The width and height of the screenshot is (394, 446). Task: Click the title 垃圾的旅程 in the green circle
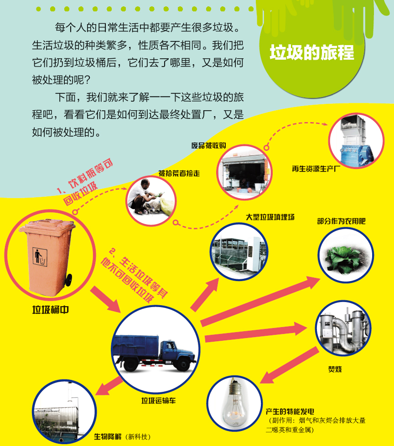[x=312, y=52]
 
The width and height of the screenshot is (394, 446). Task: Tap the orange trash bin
[x=48, y=256]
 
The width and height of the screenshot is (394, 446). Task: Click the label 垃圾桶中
[x=50, y=310]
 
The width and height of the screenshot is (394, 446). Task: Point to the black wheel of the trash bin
[x=68, y=280]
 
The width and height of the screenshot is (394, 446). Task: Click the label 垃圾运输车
[x=159, y=401]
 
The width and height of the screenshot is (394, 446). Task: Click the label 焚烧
[x=335, y=369]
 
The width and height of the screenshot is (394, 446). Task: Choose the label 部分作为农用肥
[x=341, y=221]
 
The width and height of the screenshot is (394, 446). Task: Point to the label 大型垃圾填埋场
[x=270, y=217]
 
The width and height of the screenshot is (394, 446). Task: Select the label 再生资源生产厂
[x=316, y=169]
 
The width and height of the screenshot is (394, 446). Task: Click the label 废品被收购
[x=209, y=146]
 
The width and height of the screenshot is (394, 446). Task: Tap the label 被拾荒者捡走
[x=179, y=173]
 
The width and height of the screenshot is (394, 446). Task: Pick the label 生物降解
[x=108, y=436]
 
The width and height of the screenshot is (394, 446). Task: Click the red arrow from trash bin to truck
[x=106, y=299]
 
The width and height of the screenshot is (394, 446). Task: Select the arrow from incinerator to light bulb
[x=289, y=365]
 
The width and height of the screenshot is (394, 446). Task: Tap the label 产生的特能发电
[x=290, y=411]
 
